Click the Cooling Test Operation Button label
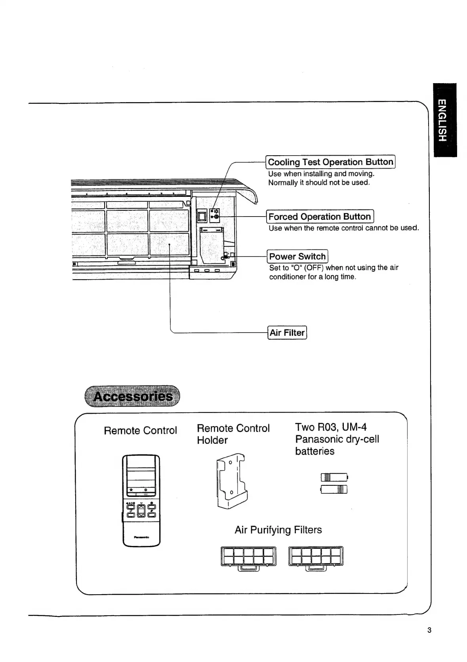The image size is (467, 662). pyautogui.click(x=330, y=162)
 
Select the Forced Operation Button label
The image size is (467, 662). pyautogui.click(x=320, y=217)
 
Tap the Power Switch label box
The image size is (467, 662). pyautogui.click(x=297, y=257)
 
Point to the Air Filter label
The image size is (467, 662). pyautogui.click(x=287, y=333)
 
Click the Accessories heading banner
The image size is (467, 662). pyautogui.click(x=132, y=396)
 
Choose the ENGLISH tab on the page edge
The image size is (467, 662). pyautogui.click(x=444, y=120)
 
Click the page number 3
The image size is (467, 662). pyautogui.click(x=429, y=630)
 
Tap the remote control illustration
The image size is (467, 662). pyautogui.click(x=141, y=501)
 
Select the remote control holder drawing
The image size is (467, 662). pyautogui.click(x=231, y=481)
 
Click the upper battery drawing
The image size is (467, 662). pyautogui.click(x=334, y=477)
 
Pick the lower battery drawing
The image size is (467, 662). pyautogui.click(x=334, y=489)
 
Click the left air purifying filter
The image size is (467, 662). pyautogui.click(x=248, y=557)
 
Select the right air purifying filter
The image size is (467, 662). pyautogui.click(x=316, y=557)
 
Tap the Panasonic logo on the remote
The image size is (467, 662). pyautogui.click(x=141, y=537)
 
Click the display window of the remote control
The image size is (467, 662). pyautogui.click(x=141, y=473)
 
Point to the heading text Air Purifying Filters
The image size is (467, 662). pyautogui.click(x=278, y=530)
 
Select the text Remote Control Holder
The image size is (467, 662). pyautogui.click(x=233, y=434)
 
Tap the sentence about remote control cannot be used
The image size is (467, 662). pyautogui.click(x=343, y=228)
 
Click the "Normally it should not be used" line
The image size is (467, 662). pyautogui.click(x=319, y=183)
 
